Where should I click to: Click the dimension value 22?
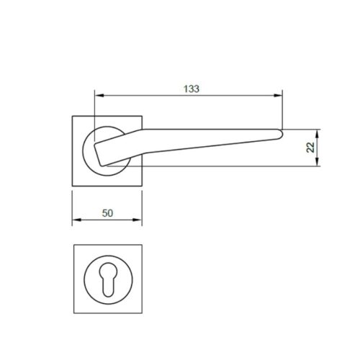(310, 147)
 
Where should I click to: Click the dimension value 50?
(108, 213)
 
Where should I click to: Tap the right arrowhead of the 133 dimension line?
(279, 95)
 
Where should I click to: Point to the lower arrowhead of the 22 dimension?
(317, 163)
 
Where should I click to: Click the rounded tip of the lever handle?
(282, 132)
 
